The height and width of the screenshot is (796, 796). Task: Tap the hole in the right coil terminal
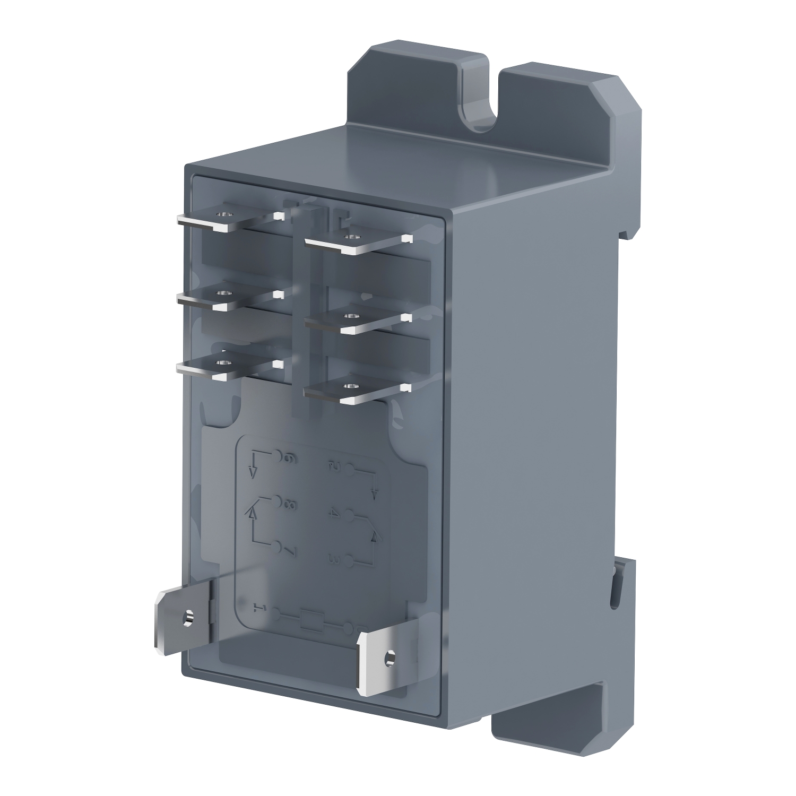pyautogui.click(x=391, y=657)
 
